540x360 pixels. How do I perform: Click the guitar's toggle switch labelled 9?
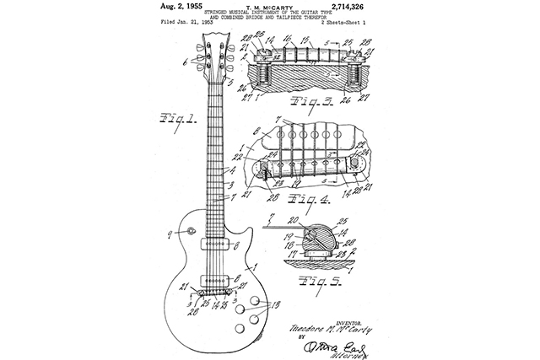(192, 231)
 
